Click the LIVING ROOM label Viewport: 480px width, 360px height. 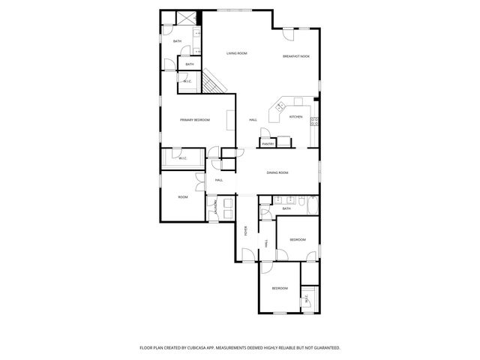237,53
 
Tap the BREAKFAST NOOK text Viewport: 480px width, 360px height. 296,57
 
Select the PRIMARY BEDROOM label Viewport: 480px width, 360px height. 194,120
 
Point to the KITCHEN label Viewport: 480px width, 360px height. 296,117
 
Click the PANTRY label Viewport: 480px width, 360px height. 267,143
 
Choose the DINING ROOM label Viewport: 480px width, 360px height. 277,172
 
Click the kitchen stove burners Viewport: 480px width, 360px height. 315,121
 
